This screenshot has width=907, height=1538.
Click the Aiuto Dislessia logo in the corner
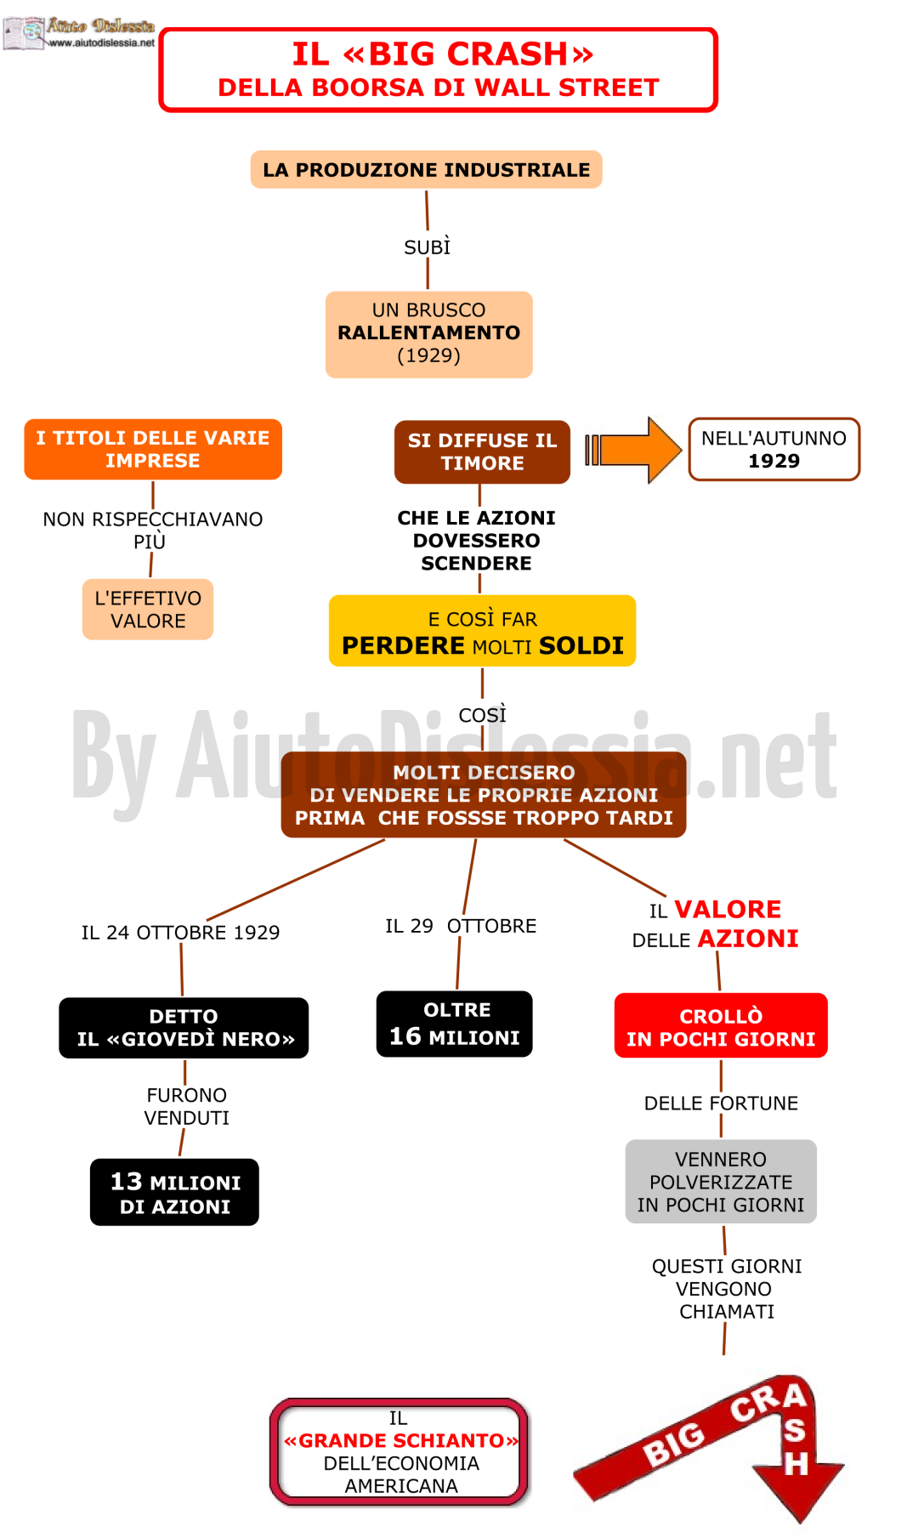(x=79, y=33)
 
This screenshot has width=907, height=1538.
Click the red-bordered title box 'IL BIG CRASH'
(x=439, y=70)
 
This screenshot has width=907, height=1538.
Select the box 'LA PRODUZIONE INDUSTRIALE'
(x=426, y=169)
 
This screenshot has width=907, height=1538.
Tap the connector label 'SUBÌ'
(x=427, y=247)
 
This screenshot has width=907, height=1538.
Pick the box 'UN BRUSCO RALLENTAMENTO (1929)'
(x=428, y=334)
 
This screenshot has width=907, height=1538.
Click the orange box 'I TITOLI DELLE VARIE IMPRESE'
(x=153, y=449)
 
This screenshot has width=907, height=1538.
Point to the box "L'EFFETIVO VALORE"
(x=148, y=609)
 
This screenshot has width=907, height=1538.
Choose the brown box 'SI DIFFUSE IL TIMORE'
(x=482, y=451)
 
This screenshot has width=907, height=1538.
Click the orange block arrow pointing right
(x=633, y=450)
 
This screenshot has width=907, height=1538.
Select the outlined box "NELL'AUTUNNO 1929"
(x=774, y=449)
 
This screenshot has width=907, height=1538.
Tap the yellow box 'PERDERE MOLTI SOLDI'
(x=482, y=631)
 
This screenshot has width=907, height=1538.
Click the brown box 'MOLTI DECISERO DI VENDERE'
(x=484, y=795)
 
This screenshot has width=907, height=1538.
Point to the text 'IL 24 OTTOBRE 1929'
(x=180, y=933)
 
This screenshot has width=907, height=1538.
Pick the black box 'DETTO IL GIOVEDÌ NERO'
(x=184, y=1028)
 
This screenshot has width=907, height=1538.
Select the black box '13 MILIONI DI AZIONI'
(x=174, y=1192)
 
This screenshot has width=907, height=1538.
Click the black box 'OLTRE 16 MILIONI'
(x=454, y=1024)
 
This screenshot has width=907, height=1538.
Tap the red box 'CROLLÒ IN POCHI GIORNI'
(x=721, y=1025)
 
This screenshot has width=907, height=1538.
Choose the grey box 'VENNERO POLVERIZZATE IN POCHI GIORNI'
(x=721, y=1182)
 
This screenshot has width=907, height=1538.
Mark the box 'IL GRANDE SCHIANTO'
(x=400, y=1452)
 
